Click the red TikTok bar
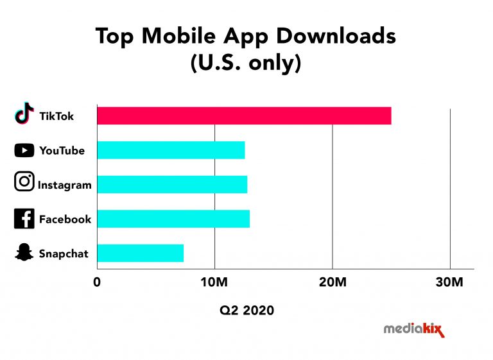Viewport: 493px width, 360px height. click(244, 116)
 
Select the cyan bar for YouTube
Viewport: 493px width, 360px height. click(171, 150)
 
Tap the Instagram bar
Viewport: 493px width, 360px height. click(172, 185)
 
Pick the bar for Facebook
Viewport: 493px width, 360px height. click(173, 219)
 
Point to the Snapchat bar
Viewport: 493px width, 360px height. click(141, 253)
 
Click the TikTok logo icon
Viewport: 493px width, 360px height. click(24, 114)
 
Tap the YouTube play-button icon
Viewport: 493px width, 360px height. click(24, 151)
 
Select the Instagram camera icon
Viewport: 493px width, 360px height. click(24, 181)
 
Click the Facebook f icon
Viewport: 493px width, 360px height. click(24, 219)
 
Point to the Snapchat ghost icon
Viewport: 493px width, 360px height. click(24, 253)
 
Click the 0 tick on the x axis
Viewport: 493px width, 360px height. click(97, 282)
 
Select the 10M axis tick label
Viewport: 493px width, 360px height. click(214, 282)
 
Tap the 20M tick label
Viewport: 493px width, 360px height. click(333, 282)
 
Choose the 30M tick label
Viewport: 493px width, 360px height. click(450, 282)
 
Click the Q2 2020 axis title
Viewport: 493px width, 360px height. click(246, 311)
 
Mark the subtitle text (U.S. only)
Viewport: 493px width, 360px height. click(246, 64)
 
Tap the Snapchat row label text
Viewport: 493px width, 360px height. click(64, 253)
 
